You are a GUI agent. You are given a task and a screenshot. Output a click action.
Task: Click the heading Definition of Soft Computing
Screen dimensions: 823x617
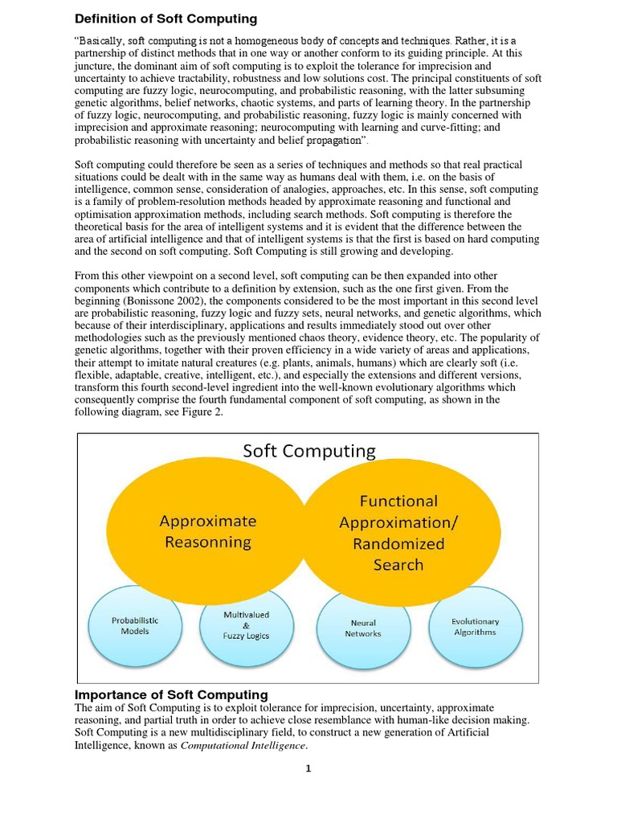click(x=165, y=18)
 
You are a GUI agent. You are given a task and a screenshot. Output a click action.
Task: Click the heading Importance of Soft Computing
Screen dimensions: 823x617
click(x=171, y=694)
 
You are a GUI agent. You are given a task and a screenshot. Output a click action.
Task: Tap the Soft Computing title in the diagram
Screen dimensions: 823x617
click(x=309, y=451)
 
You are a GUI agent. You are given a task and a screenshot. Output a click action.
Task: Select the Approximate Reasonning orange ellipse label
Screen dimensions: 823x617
click(x=208, y=531)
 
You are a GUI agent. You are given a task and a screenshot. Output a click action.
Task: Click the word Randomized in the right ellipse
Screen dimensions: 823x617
click(x=398, y=543)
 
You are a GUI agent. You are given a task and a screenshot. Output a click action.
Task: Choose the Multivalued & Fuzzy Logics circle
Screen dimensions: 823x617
click(x=246, y=625)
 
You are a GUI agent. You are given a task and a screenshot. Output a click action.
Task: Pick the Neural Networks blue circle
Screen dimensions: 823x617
click(x=363, y=628)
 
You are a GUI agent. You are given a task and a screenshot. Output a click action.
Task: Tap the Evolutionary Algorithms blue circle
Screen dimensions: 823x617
click(x=475, y=626)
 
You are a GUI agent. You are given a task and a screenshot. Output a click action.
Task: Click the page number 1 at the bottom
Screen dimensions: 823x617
click(x=308, y=768)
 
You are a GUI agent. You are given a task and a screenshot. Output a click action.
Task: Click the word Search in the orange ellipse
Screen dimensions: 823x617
click(x=398, y=564)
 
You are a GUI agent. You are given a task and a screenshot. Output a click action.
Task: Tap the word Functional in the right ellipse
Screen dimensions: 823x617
click(x=398, y=501)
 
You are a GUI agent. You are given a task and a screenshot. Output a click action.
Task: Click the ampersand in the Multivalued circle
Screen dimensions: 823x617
click(x=246, y=625)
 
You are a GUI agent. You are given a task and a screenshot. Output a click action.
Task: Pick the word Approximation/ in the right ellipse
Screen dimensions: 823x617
click(x=398, y=522)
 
